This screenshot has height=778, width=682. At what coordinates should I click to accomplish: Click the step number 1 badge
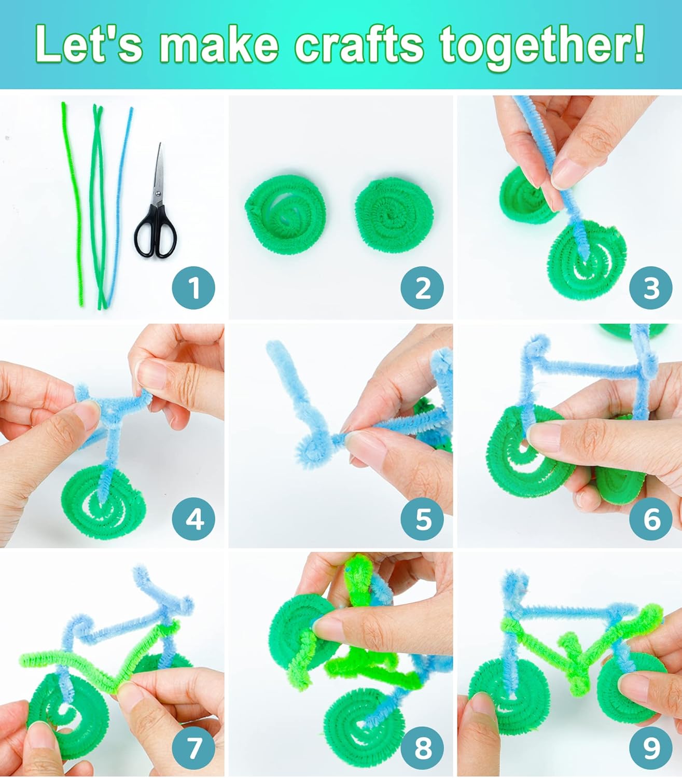tap(193, 288)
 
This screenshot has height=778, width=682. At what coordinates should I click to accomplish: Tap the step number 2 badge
tap(422, 288)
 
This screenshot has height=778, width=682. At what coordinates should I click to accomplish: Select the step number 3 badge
tap(651, 288)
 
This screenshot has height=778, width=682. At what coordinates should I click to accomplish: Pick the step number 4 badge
tap(193, 519)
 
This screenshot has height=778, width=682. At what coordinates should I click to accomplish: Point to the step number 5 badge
tap(422, 519)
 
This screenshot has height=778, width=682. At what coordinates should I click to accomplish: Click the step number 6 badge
tap(651, 519)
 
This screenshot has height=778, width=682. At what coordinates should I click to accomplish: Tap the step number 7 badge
tap(193, 748)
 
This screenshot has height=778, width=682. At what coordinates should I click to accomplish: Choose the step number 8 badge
tap(422, 748)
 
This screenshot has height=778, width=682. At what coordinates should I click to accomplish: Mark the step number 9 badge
tap(651, 748)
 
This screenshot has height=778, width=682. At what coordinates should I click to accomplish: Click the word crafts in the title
tap(359, 45)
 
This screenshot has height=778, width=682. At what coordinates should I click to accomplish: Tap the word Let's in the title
tap(89, 45)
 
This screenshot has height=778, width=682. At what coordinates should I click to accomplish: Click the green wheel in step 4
tap(103, 502)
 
